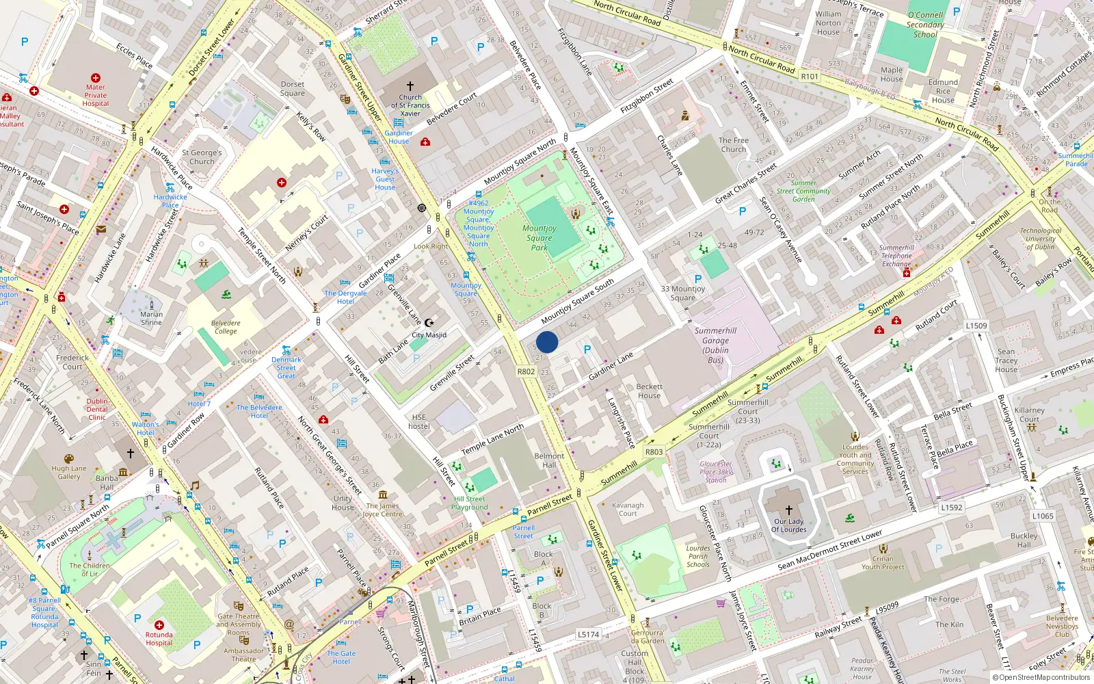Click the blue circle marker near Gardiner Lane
pyautogui.click(x=547, y=342)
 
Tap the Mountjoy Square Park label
pyautogui.click(x=539, y=238)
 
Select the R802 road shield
pyautogui.click(x=526, y=371)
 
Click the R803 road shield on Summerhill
pyautogui.click(x=654, y=451)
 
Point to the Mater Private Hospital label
pyautogui.click(x=96, y=95)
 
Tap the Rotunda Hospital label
pyautogui.click(x=159, y=638)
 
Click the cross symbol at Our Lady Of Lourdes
pyautogui.click(x=788, y=510)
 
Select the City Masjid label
pyautogui.click(x=429, y=335)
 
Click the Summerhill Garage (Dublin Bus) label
pyautogui.click(x=715, y=345)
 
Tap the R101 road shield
pyautogui.click(x=810, y=77)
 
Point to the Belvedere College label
pyautogui.click(x=226, y=327)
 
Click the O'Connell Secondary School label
pyautogui.click(x=925, y=25)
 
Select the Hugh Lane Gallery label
pyautogui.click(x=69, y=473)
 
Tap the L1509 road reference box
pyautogui.click(x=976, y=326)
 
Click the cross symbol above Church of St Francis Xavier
pyautogui.click(x=410, y=86)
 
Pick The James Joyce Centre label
pyautogui.click(x=382, y=510)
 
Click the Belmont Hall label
pyautogui.click(x=549, y=460)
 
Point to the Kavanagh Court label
pyautogui.click(x=628, y=509)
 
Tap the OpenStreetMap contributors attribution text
pyautogui.click(x=1041, y=678)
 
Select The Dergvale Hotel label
pyautogui.click(x=345, y=297)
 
